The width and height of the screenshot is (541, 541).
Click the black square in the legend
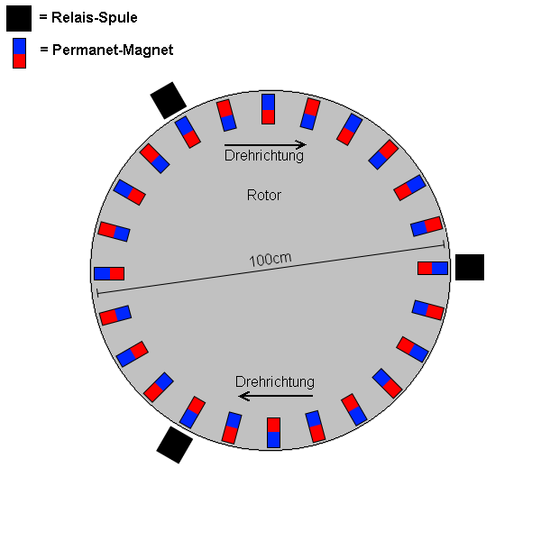[x=19, y=18]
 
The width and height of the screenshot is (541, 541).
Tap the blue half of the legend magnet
[x=19, y=46]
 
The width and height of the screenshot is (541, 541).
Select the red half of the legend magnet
[x=19, y=61]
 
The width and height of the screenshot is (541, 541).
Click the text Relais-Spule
[x=94, y=18]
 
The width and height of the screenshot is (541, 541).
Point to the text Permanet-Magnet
[x=113, y=50]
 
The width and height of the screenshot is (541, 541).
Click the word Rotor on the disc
[x=264, y=196]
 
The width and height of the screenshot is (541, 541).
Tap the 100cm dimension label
[x=270, y=260]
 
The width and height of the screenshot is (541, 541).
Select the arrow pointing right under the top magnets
[x=265, y=144]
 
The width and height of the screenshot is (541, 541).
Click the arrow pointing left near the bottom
[x=276, y=396]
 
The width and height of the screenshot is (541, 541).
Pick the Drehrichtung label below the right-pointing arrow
[x=264, y=156]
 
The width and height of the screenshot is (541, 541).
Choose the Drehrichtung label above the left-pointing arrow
[x=275, y=382]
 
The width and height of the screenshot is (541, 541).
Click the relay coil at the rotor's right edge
[x=470, y=268]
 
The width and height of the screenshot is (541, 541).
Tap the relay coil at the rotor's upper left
[x=169, y=100]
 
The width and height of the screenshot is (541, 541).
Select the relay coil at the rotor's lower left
[x=175, y=445]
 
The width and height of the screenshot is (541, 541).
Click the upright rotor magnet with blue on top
[x=268, y=109]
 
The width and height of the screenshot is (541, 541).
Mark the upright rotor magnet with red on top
[x=273, y=433]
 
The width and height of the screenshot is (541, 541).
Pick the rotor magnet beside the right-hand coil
[x=433, y=268]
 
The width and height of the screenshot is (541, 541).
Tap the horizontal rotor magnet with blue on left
[x=109, y=273]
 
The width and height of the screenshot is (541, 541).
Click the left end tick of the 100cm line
[x=98, y=293]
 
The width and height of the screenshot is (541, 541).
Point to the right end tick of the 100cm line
[x=444, y=245]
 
